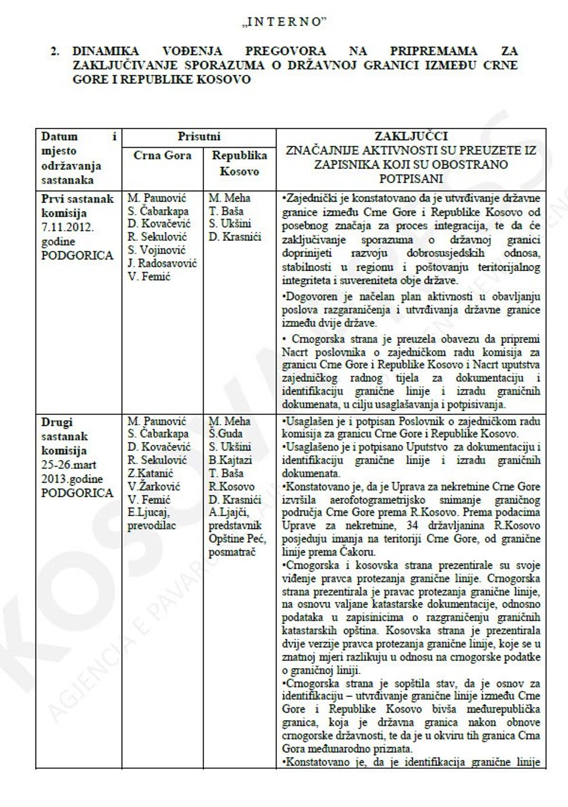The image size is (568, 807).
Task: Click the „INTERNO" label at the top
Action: [x=283, y=22]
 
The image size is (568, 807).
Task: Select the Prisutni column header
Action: [x=199, y=137]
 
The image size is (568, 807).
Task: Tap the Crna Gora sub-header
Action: [x=162, y=156]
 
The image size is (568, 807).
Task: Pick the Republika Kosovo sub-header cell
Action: [x=239, y=163]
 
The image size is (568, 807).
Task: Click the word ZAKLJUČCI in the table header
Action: [x=411, y=137]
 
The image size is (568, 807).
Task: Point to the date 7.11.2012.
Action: [x=67, y=227]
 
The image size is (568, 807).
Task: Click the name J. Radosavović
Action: [x=162, y=264]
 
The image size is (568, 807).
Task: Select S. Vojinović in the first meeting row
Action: [x=157, y=250]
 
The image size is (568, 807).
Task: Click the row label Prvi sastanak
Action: [x=78, y=199]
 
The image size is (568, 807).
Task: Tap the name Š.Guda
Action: [x=227, y=434]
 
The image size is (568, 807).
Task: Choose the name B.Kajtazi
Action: [x=230, y=460]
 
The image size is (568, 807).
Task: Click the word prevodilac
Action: [x=151, y=525]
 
